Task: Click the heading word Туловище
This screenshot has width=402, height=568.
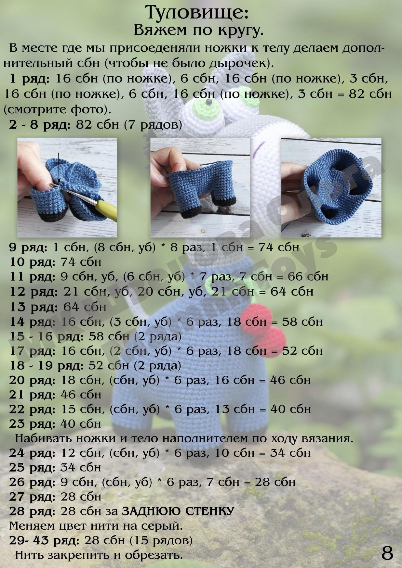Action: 197,13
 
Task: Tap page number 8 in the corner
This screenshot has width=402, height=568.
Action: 387,553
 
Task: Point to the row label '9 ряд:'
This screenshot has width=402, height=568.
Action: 28,248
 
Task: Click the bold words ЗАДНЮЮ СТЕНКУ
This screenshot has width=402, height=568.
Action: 178,511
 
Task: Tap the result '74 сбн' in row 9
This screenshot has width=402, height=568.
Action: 279,247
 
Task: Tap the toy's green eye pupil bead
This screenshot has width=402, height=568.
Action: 208,103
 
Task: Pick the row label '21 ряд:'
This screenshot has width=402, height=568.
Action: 32,395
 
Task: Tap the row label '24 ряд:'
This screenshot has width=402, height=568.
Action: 32,453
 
